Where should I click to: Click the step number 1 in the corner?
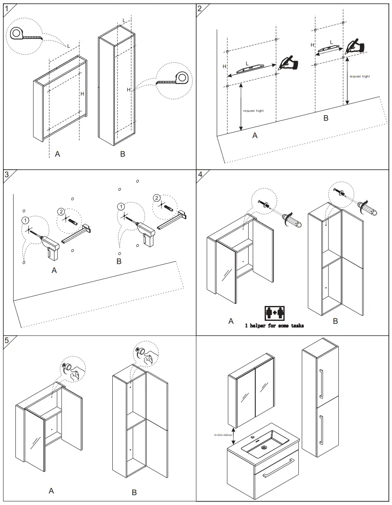6,8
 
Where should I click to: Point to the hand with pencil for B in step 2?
354,46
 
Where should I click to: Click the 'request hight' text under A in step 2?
253,111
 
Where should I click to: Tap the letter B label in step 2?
326,118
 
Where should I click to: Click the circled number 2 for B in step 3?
157,198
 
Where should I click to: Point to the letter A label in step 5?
51,491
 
